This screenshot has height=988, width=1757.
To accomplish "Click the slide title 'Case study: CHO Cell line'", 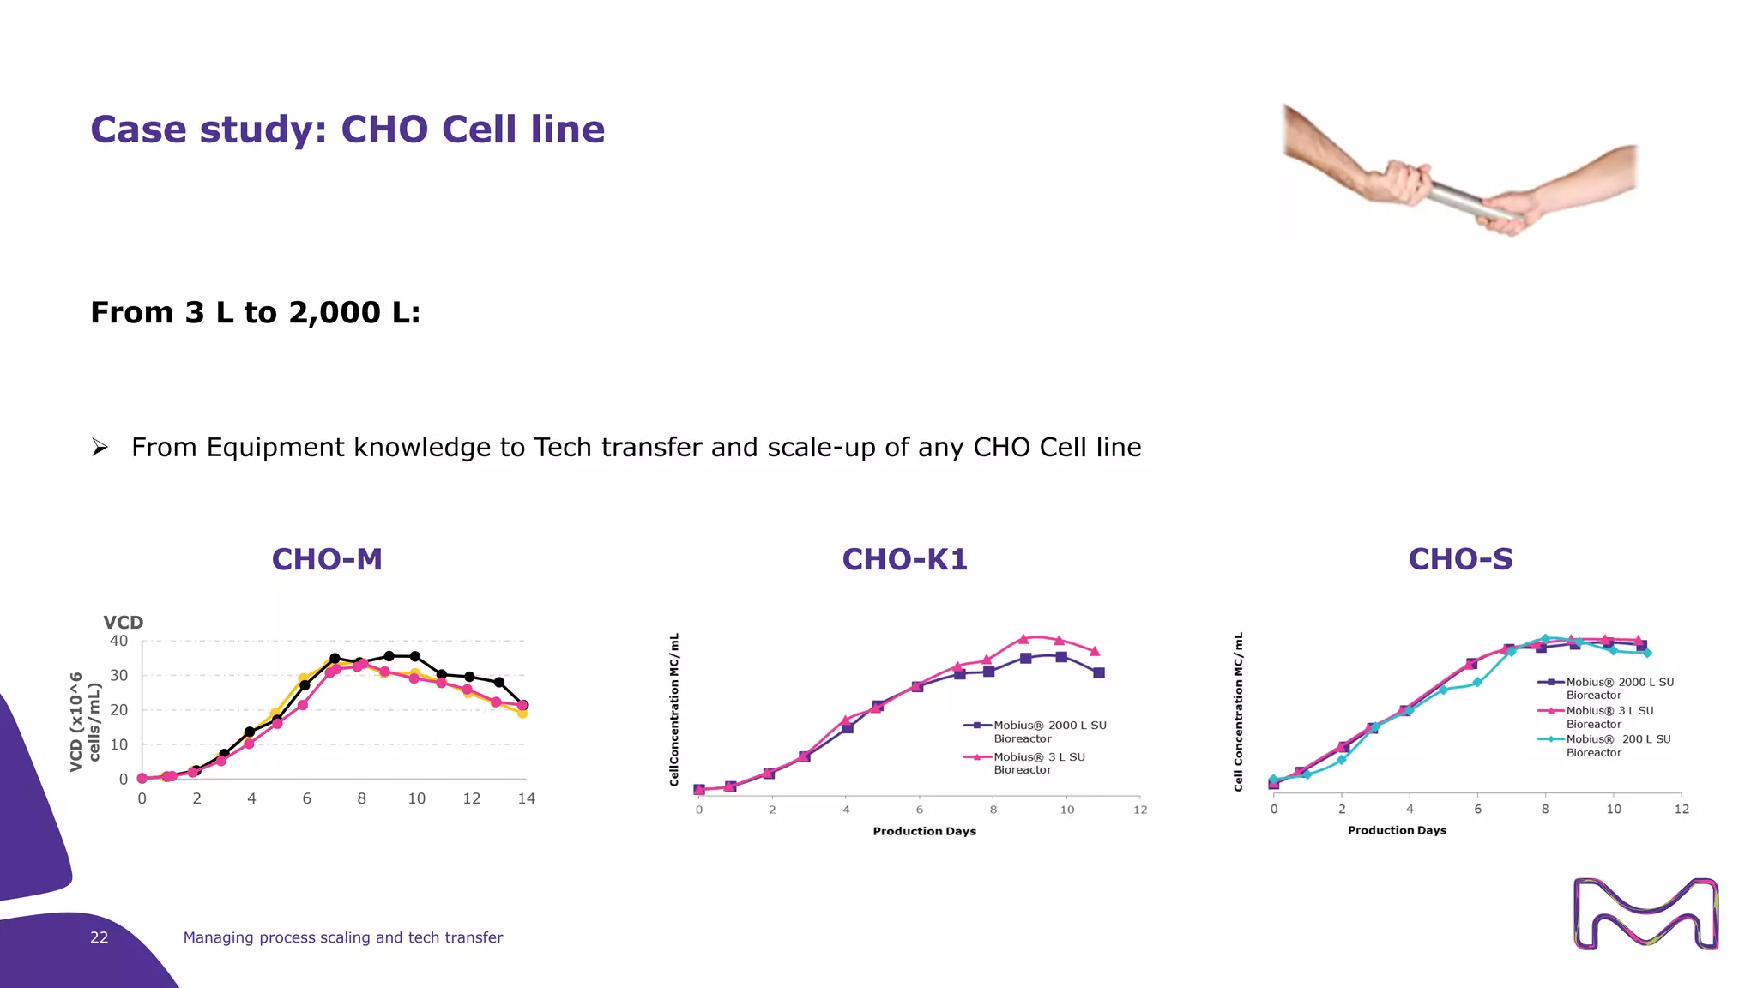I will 347,130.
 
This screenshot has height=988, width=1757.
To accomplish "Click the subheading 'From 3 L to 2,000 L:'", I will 256,312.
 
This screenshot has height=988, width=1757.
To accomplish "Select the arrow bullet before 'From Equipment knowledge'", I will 100,447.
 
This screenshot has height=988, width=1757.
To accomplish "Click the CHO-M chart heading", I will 327,559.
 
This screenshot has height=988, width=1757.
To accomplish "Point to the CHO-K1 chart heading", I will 904,559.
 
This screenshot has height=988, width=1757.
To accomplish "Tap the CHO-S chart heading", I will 1460,559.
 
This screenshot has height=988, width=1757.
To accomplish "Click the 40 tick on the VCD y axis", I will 118,641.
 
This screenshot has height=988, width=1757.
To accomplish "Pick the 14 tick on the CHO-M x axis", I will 526,798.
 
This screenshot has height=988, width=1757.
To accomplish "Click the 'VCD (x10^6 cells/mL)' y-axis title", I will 85,721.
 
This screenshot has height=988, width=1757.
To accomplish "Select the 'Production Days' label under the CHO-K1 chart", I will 924,831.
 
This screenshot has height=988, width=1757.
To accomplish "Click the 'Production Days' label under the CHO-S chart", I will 1397,830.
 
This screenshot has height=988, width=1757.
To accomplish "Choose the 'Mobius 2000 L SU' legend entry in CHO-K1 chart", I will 1048,732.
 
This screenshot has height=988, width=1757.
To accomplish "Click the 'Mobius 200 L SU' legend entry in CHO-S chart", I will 1617,745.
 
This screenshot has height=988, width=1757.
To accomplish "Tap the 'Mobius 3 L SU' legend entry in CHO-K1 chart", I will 1038,763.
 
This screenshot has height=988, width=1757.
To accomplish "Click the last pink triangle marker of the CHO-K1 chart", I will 1095,651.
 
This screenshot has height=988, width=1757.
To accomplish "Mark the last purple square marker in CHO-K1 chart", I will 1099,673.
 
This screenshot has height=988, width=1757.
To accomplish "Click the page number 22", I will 100,937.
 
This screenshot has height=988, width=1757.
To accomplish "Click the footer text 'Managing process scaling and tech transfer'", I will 342,937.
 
